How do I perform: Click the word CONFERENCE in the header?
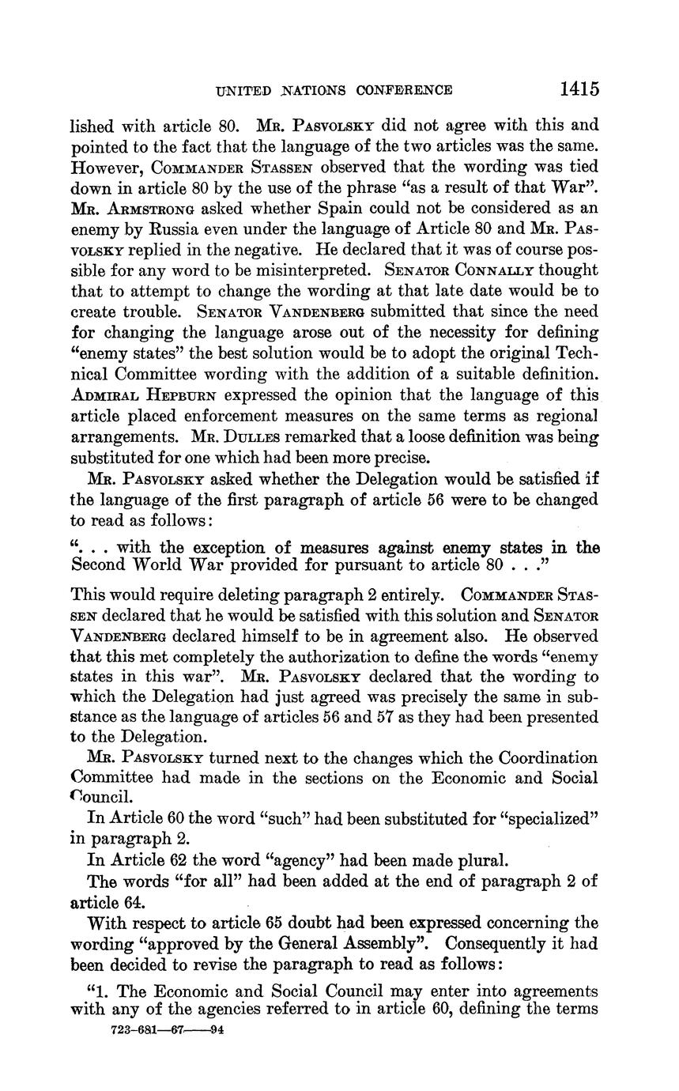(404, 90)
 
